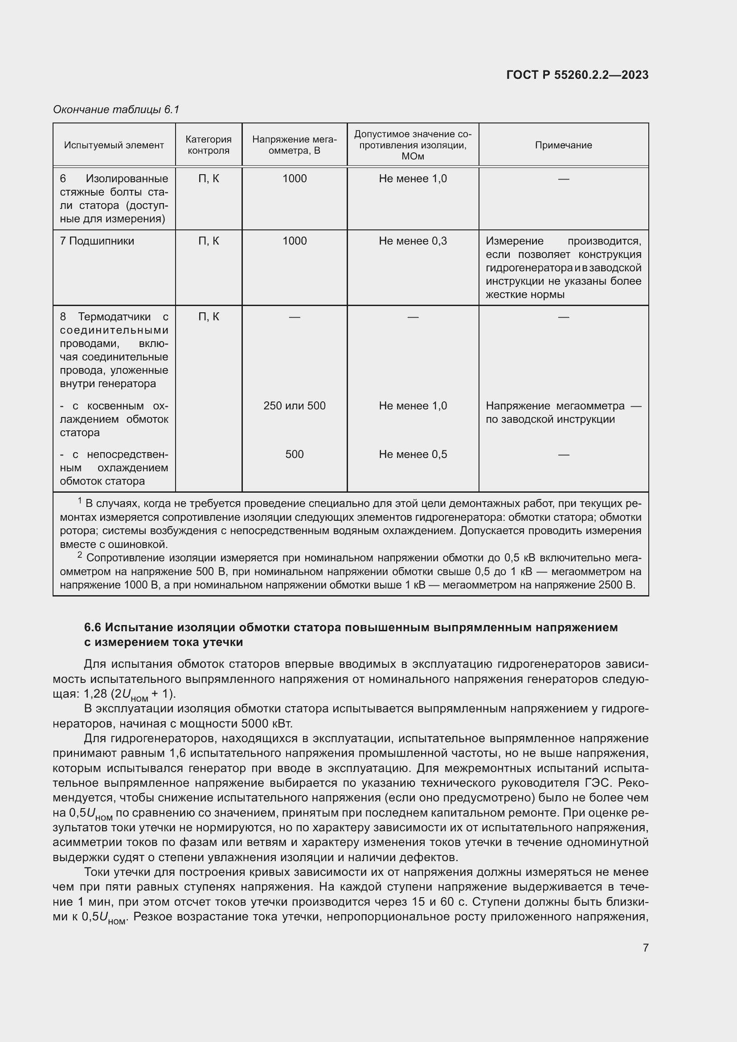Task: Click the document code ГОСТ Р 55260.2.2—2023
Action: click(x=577, y=75)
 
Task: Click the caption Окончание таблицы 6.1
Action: click(x=116, y=110)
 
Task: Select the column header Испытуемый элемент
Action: click(x=114, y=145)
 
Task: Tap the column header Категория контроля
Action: click(x=208, y=145)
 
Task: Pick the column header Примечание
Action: click(x=563, y=145)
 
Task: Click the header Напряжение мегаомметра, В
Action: click(x=294, y=145)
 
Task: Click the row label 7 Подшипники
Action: click(x=97, y=241)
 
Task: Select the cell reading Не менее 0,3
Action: click(x=413, y=241)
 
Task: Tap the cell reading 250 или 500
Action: click(x=294, y=406)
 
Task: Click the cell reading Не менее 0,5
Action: click(x=413, y=454)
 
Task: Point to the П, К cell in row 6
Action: click(x=208, y=179)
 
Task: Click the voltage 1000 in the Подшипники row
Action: click(x=294, y=241)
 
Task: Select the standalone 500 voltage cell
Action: click(x=294, y=454)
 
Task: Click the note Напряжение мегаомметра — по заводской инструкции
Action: click(x=563, y=413)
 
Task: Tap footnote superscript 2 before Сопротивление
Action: click(x=80, y=555)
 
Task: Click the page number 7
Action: click(x=645, y=948)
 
